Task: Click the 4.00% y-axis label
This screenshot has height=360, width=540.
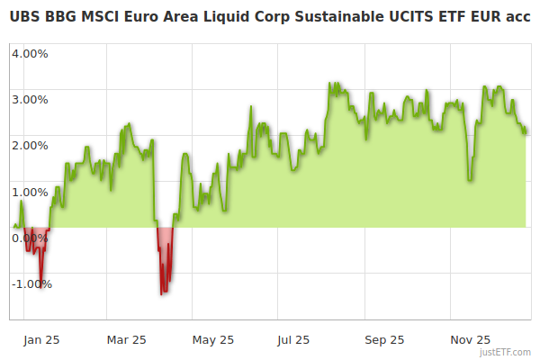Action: [30, 53]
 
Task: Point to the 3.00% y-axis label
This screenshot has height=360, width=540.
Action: [30, 99]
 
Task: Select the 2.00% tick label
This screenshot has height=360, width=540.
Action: [30, 145]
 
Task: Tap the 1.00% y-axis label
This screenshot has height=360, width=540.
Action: [30, 192]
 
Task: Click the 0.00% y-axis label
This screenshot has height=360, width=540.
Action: [30, 238]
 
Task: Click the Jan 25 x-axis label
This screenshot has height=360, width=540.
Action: [41, 340]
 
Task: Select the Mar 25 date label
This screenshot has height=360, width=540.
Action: [126, 340]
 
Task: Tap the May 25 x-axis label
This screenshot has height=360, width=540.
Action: [213, 340]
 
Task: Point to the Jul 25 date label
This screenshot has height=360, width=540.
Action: [293, 340]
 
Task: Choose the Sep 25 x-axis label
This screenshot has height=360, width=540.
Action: [383, 340]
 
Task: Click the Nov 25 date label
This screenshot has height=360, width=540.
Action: [471, 340]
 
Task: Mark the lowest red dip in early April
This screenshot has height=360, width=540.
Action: [162, 293]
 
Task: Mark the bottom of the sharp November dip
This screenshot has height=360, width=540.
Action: [470, 180]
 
